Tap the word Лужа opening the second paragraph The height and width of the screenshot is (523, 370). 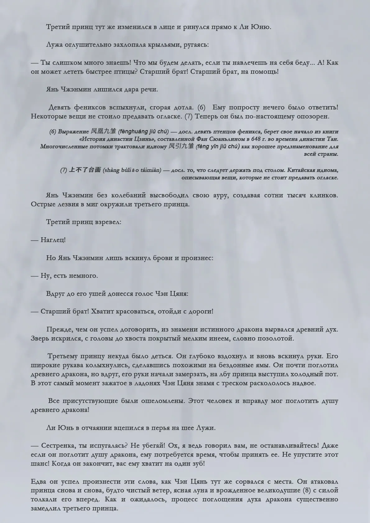[x=54, y=45]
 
